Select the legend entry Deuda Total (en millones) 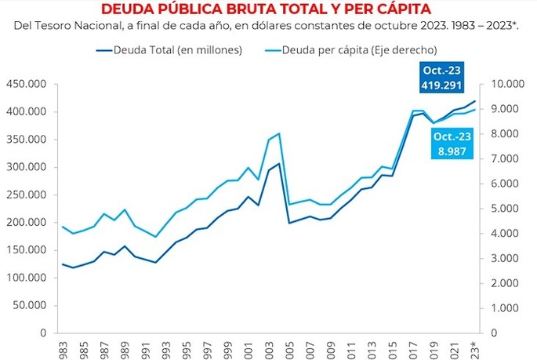(169, 50)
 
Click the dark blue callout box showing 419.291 (442, 78)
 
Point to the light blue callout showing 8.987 (452, 144)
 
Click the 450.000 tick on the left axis (26, 84)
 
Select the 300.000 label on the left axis (26, 167)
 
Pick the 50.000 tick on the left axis (30, 305)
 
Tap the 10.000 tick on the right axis (507, 84)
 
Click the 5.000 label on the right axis (505, 209)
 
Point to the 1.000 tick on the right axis (505, 308)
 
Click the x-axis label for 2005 (290, 350)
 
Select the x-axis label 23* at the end (474, 350)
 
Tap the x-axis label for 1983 (63, 350)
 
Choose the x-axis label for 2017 (413, 350)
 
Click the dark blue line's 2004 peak (279, 163)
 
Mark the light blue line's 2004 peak (279, 133)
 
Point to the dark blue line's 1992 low (155, 263)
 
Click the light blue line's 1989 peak (125, 209)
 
